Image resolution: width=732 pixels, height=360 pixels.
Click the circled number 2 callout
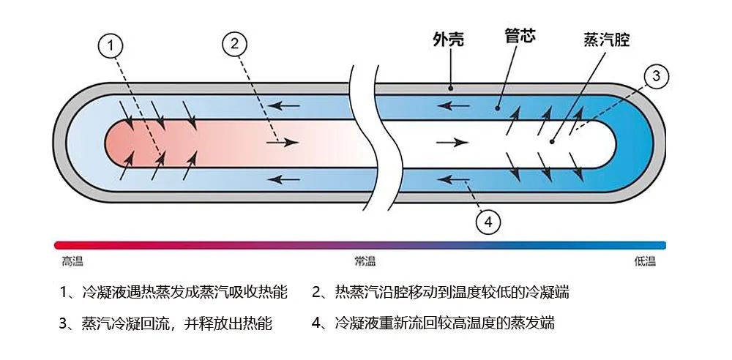234,43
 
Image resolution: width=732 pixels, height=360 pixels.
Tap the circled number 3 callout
656,75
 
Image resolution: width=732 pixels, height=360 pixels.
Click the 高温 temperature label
72,261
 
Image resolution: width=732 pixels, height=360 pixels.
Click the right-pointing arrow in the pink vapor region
282,142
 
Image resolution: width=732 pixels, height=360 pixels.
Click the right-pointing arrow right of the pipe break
451,142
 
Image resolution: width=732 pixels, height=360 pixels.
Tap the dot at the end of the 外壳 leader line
452,89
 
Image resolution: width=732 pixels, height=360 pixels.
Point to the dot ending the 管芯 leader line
497,108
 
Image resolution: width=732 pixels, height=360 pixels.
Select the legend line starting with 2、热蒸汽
440,293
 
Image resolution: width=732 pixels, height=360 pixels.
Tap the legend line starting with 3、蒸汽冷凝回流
165,323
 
